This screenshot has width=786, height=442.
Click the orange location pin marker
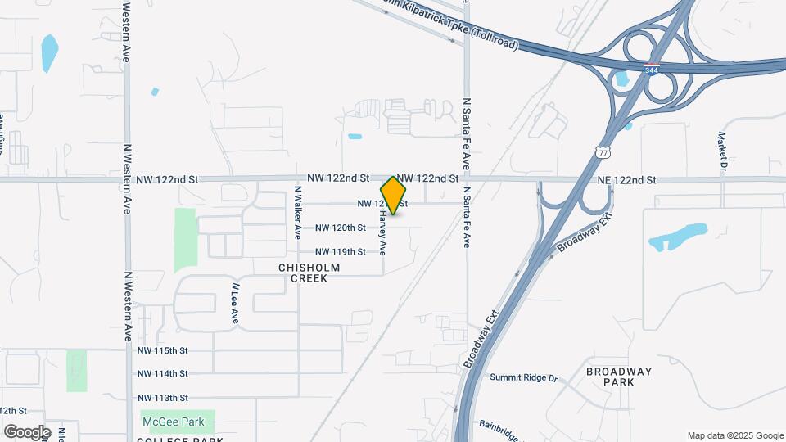click(393, 195)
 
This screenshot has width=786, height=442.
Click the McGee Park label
click(178, 422)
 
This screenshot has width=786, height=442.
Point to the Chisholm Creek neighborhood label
click(303, 273)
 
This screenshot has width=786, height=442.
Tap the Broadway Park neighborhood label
click(620, 377)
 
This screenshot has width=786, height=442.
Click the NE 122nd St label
click(627, 180)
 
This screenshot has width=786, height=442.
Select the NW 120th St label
click(340, 228)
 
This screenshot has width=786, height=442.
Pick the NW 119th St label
click(340, 252)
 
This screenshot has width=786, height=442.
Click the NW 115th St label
click(163, 350)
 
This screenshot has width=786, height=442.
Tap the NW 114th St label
click(163, 373)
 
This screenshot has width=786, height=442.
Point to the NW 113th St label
click(163, 397)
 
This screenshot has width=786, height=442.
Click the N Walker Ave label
click(298, 212)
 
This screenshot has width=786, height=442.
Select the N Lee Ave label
click(234, 304)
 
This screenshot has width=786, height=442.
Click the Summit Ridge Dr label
click(523, 377)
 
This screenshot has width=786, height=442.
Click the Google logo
click(26, 431)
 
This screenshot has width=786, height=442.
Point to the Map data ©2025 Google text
click(734, 435)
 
